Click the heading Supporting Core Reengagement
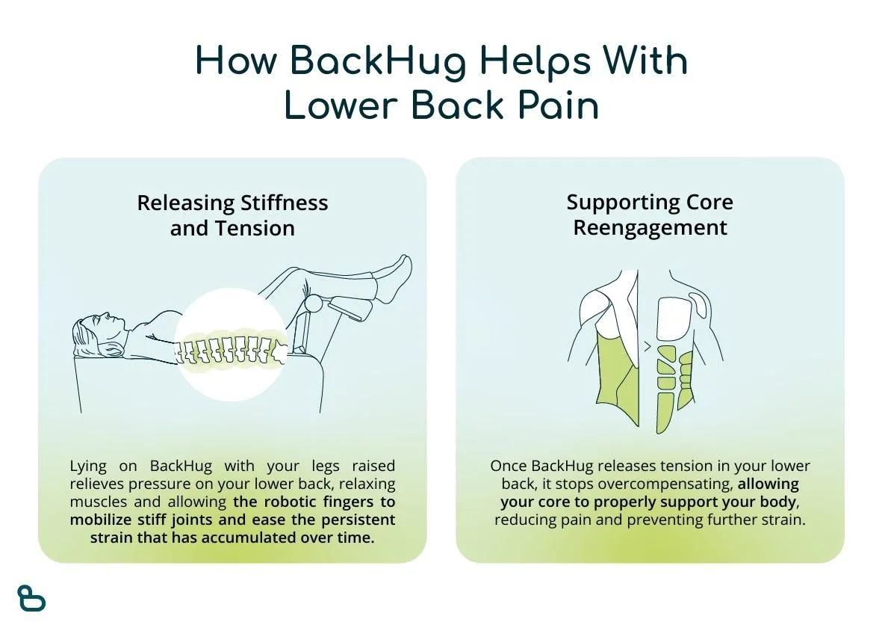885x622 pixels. tap(650, 215)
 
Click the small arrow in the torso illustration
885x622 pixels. tap(648, 346)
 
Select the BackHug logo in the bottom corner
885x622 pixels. tap(31, 598)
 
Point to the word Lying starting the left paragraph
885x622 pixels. tap(88, 466)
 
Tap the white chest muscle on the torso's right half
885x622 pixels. tap(675, 319)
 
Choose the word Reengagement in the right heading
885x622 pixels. tap(650, 228)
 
